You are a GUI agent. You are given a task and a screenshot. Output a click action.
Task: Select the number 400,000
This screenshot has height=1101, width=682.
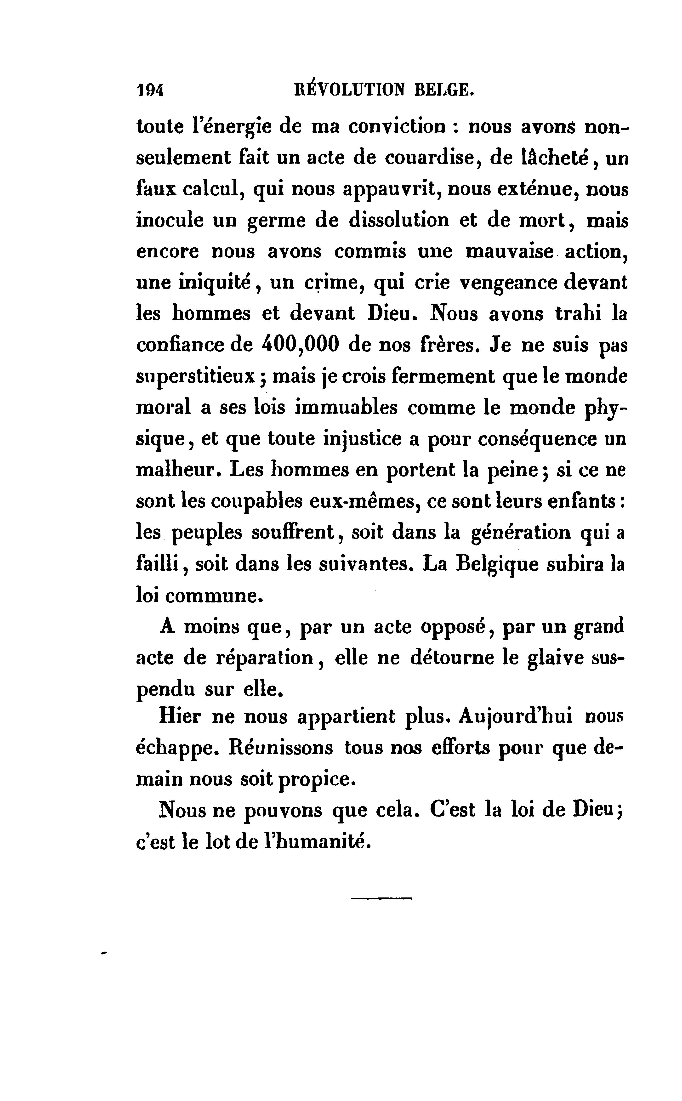coord(300,345)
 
